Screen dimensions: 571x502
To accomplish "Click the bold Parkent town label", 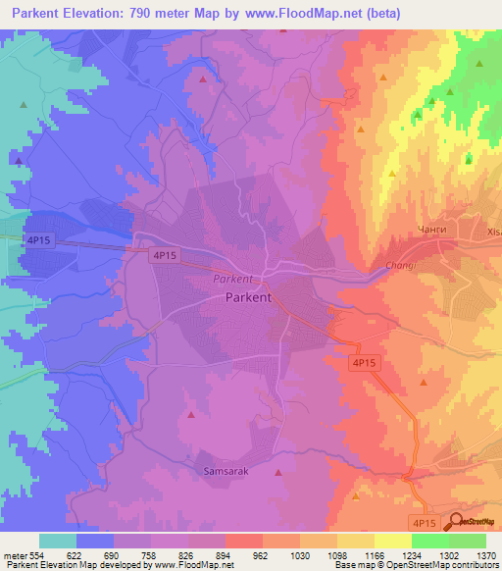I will point(248,296).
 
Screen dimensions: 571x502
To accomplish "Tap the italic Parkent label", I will point(232,279).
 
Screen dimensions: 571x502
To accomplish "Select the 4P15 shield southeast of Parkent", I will point(365,362).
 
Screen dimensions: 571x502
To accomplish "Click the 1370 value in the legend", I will point(485,554).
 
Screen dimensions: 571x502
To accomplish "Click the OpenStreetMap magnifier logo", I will point(455,521).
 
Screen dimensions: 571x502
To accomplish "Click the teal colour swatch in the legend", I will point(58,541).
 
